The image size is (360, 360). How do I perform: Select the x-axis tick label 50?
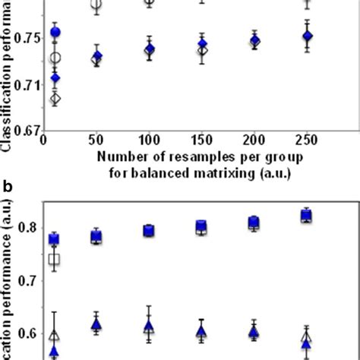tap(96, 141)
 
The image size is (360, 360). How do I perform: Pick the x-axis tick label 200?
tap(254, 141)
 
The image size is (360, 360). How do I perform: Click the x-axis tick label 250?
tap(307, 141)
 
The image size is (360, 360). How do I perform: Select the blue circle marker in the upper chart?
tap(55, 33)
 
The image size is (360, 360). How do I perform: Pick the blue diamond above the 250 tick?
tap(307, 36)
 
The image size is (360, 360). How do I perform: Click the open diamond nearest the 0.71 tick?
tap(55, 98)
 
